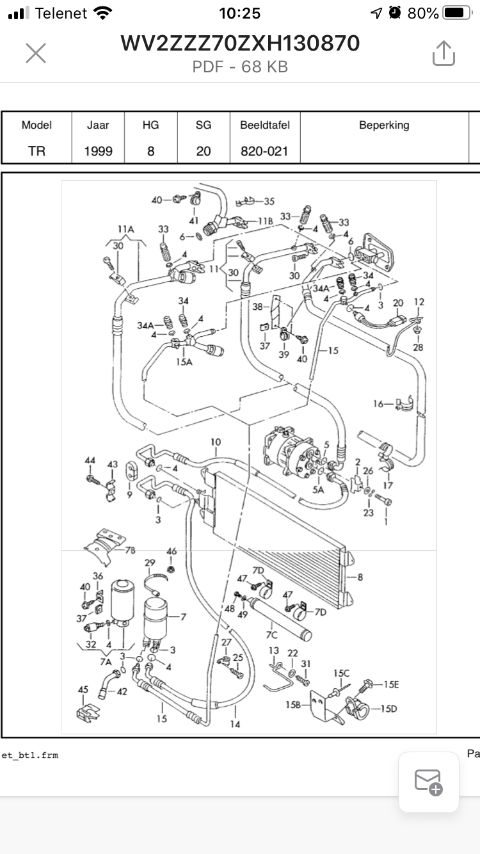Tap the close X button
[36, 53]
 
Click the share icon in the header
[444, 53]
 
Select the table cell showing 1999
[98, 151]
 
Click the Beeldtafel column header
[265, 125]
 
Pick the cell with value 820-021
[264, 151]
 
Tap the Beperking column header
[384, 125]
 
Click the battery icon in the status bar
[458, 13]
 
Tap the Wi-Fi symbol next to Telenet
[102, 13]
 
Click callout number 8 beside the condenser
[360, 577]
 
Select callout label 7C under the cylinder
[272, 635]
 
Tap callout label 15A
[184, 362]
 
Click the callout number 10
[216, 442]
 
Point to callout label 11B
[266, 221]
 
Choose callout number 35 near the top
[269, 201]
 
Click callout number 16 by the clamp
[378, 404]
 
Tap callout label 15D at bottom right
[389, 709]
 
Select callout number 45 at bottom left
[83, 689]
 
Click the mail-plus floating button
[429, 782]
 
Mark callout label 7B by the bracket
[131, 550]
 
